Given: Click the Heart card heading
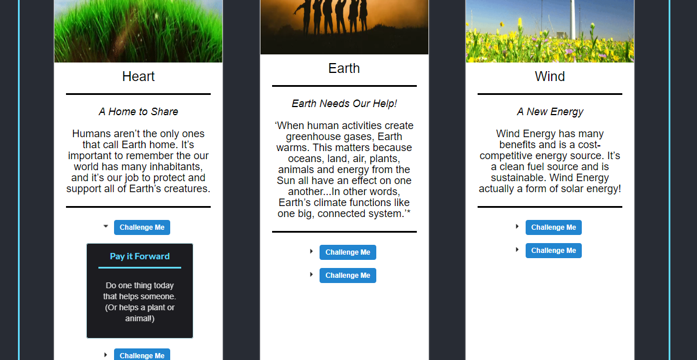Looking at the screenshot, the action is pos(138,76).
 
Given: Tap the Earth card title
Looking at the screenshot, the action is pos(344,68).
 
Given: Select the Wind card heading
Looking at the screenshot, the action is pos(549,76).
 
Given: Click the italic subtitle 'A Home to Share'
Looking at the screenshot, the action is pos(138,111).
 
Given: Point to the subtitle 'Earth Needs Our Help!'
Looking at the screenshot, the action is pos(344,103).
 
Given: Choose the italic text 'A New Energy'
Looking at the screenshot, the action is pos(550,111).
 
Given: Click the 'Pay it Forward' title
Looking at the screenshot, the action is pos(140,256).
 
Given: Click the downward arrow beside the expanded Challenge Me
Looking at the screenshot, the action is pos(106,226).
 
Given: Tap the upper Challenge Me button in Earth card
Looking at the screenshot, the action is pos(347,252).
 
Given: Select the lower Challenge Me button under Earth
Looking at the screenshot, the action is pos(347,275).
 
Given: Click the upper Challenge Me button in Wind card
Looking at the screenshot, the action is pos(553,227).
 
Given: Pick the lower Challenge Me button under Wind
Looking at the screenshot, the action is pos(553,251).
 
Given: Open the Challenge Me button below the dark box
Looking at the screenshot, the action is pos(142,355).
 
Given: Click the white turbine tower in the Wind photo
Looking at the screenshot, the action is pos(572,19).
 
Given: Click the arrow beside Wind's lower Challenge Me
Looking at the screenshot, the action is pos(517,249).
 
